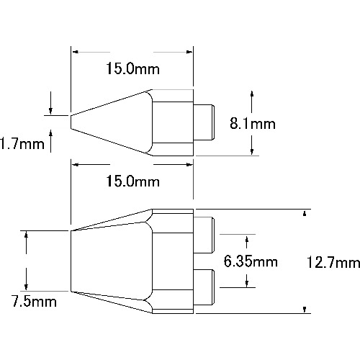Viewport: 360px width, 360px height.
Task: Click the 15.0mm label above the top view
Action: coord(132,68)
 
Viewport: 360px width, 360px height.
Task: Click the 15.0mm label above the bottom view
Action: coord(132,181)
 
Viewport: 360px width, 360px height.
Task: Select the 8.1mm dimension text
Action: coord(253,124)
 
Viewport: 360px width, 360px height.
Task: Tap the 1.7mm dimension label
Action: coord(22,144)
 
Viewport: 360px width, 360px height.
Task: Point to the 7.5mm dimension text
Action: coord(34,302)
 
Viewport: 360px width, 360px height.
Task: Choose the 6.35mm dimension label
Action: coord(251,261)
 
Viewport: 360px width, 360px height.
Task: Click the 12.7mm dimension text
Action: coord(333,262)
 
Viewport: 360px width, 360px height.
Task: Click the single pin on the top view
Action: coord(204,122)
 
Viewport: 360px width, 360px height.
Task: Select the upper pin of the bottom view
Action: coord(204,235)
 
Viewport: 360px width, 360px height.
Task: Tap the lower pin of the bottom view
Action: coord(204,287)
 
